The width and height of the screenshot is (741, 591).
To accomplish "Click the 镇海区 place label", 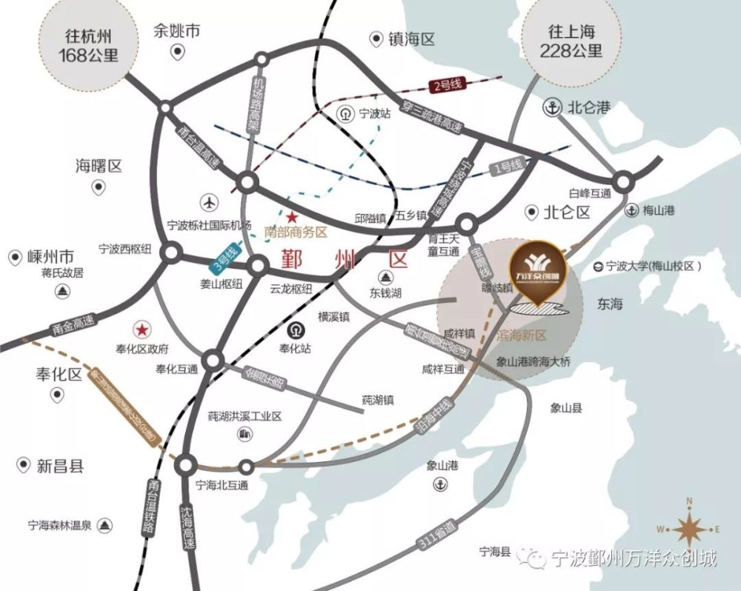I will (x=411, y=39).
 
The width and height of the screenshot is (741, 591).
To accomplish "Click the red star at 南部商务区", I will (x=292, y=218).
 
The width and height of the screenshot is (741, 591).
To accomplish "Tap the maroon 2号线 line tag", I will (x=449, y=86).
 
